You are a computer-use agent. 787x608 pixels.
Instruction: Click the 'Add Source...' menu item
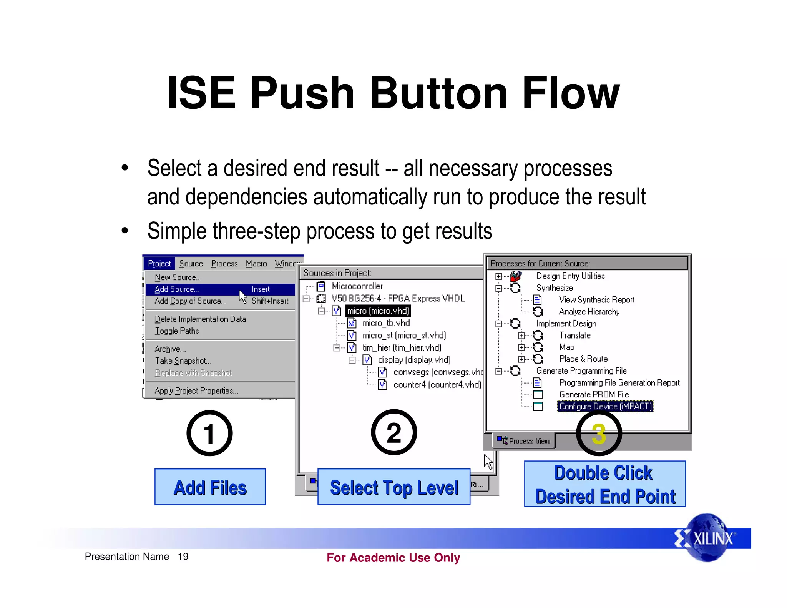coord(177,289)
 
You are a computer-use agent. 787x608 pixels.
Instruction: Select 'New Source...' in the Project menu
coord(178,277)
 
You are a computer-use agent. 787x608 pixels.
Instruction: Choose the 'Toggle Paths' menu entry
coord(177,331)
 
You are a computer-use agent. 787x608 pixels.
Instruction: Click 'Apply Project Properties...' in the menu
coord(196,390)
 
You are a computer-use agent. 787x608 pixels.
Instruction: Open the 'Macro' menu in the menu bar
coord(256,264)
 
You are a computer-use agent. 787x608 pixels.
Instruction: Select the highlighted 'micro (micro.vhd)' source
coord(378,311)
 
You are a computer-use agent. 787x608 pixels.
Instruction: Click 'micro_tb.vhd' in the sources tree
coord(386,323)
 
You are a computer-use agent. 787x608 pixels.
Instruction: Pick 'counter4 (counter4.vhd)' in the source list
coord(437,384)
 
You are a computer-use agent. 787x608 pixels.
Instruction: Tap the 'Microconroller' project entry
coord(357,286)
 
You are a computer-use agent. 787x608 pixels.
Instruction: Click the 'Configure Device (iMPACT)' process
coord(605,406)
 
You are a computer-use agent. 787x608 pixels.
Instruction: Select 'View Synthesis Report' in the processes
coord(596,299)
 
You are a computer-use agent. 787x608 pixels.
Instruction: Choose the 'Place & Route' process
coord(583,359)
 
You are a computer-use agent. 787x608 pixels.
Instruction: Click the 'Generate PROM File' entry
coord(594,394)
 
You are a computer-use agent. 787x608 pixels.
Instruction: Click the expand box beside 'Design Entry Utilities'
coord(498,276)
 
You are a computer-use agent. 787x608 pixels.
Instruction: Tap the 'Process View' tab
coord(525,441)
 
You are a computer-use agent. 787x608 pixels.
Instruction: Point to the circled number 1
coord(209,433)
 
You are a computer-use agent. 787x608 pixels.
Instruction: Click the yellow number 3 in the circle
coord(599,434)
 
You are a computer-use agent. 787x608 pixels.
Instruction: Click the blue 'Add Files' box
coord(210,487)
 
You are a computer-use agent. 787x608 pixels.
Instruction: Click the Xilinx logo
coord(706,538)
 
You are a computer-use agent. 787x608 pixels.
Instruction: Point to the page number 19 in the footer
coord(183,557)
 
